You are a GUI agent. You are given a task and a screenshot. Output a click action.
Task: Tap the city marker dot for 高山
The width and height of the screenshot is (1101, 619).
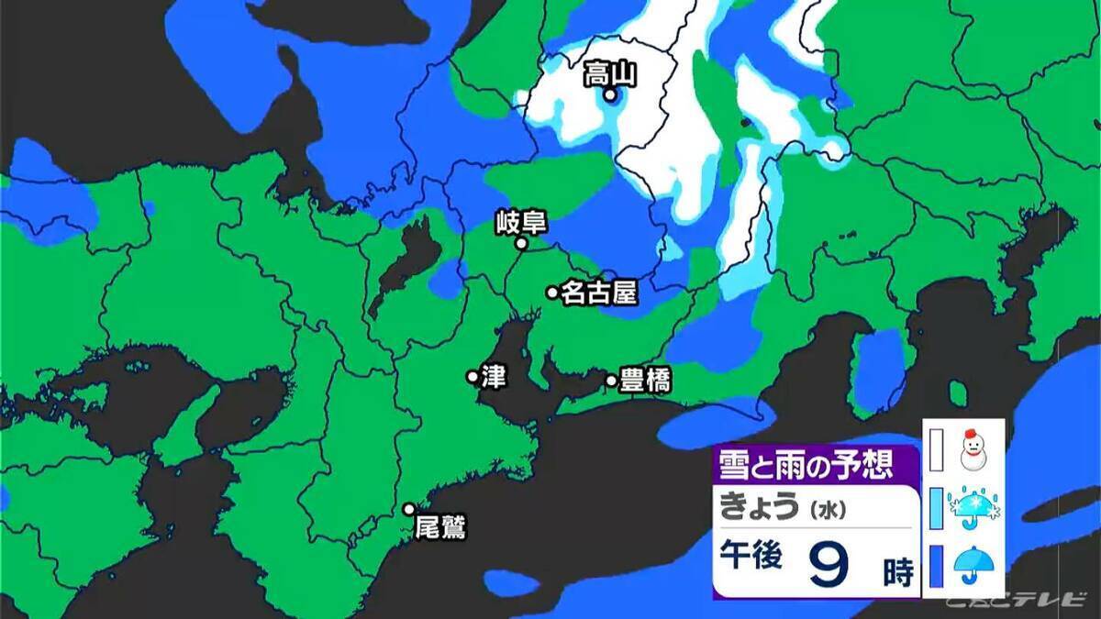point(609,94)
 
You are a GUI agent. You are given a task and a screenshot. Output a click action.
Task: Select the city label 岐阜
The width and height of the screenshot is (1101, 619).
point(520,222)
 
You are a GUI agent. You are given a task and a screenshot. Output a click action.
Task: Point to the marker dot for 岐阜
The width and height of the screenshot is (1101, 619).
point(520,244)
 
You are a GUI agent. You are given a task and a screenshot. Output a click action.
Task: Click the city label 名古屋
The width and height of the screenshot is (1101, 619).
point(599,293)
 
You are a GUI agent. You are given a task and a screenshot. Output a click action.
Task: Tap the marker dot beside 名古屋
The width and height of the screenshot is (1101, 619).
point(552,293)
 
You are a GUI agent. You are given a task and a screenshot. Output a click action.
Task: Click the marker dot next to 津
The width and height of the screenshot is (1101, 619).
point(473,376)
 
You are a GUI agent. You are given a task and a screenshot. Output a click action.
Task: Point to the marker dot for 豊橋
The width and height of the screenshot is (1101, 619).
point(611,380)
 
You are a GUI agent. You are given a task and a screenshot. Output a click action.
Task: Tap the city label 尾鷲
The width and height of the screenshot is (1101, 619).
point(441,528)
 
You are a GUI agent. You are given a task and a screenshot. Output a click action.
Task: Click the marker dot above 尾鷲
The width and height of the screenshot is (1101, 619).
point(410,509)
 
